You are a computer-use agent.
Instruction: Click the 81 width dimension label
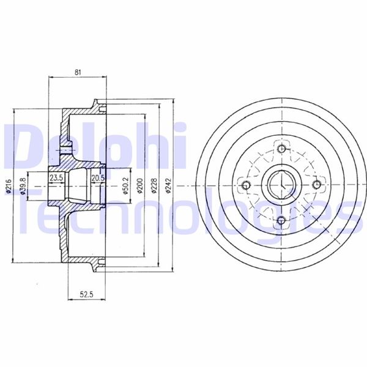click(x=78, y=72)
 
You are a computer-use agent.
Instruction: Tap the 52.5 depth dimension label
click(x=87, y=294)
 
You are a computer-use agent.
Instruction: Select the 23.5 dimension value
click(x=56, y=177)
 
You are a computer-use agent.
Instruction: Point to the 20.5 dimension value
click(x=98, y=178)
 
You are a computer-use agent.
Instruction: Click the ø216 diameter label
click(x=9, y=187)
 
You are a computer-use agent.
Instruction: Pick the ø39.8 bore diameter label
click(x=23, y=187)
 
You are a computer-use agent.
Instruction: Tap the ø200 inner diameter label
click(x=140, y=186)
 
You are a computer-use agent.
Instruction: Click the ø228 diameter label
click(x=154, y=186)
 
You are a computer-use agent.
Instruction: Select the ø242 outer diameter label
click(x=168, y=186)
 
